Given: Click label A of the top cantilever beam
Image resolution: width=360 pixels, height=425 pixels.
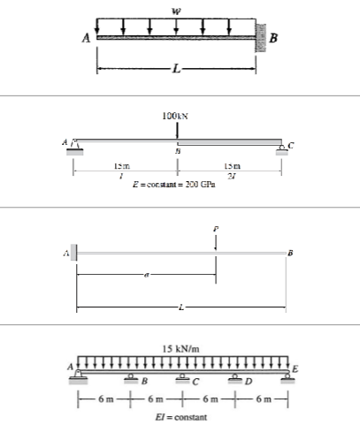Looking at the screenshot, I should tap(88, 38).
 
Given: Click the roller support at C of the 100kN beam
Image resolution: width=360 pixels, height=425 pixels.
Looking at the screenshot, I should tap(280, 146).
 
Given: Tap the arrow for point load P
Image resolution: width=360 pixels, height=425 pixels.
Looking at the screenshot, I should tap(215, 245).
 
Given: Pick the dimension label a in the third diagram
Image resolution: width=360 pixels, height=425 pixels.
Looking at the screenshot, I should tap(145, 277).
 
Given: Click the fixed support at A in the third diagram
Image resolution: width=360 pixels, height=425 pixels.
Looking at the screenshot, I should tap(73, 254).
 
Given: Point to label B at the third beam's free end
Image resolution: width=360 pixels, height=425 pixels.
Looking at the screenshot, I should tap(289, 254).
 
